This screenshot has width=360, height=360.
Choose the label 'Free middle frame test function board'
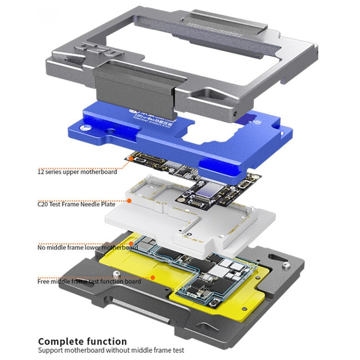tap(89, 281)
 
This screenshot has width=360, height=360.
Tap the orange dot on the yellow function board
tap(153, 277)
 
